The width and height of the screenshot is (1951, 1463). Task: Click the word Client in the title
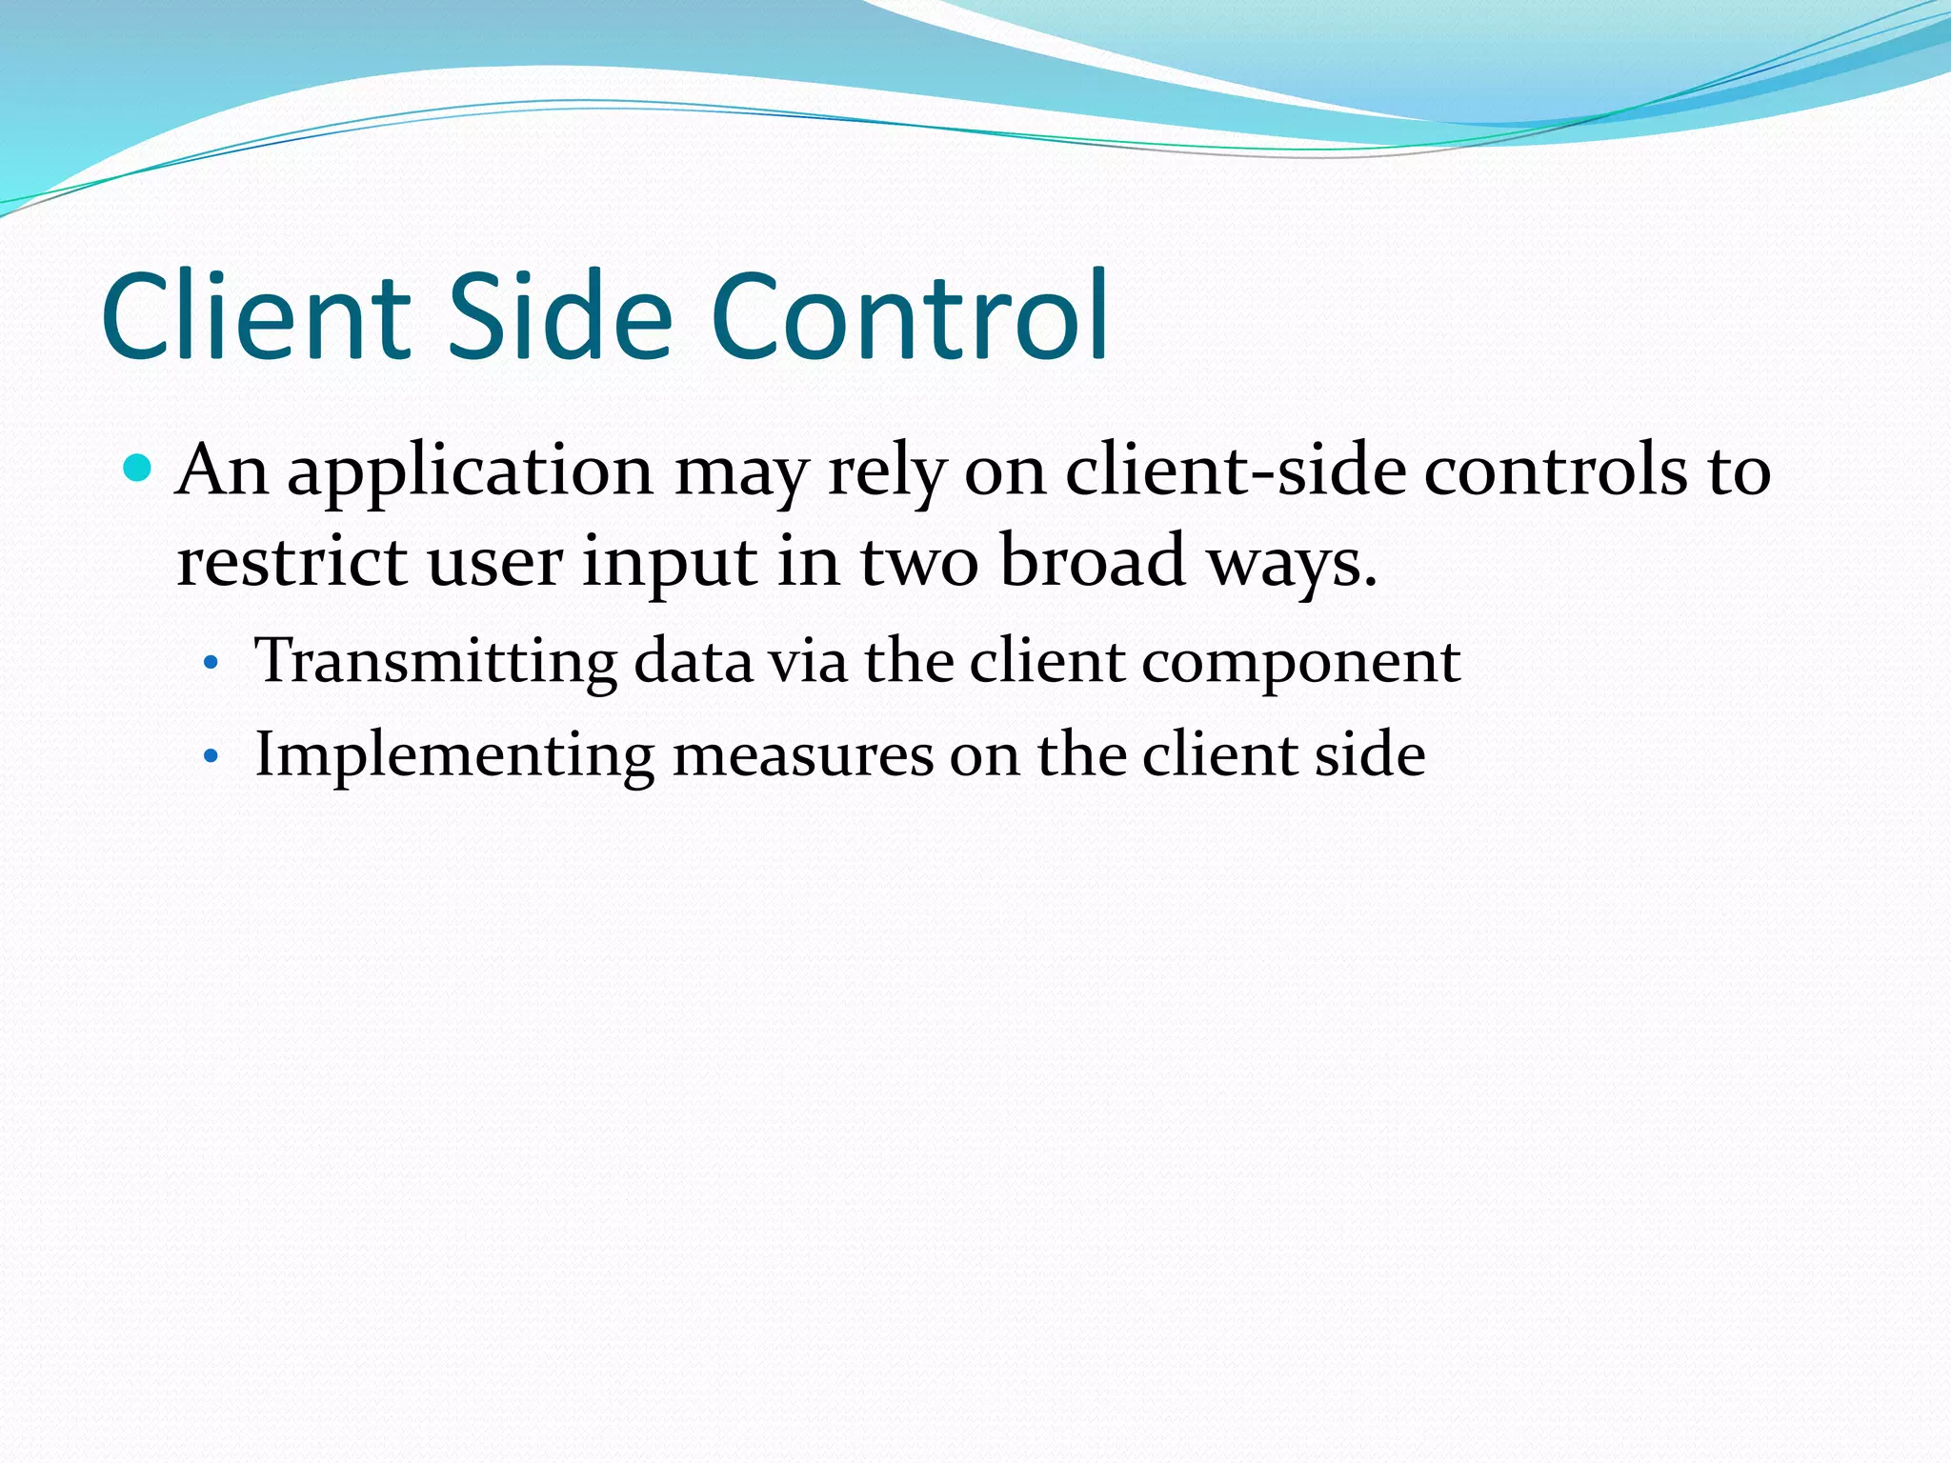point(255,316)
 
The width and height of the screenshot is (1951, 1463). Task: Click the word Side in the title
point(560,316)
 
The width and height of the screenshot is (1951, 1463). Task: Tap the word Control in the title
point(910,316)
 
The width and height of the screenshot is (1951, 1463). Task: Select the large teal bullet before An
point(139,469)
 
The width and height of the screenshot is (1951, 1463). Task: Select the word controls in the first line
point(1555,471)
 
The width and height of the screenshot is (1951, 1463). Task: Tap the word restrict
point(292,562)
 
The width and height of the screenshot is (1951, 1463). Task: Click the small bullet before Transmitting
point(211,663)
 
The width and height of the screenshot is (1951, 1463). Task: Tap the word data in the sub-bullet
point(693,661)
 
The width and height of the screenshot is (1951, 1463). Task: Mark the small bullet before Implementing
point(211,758)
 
